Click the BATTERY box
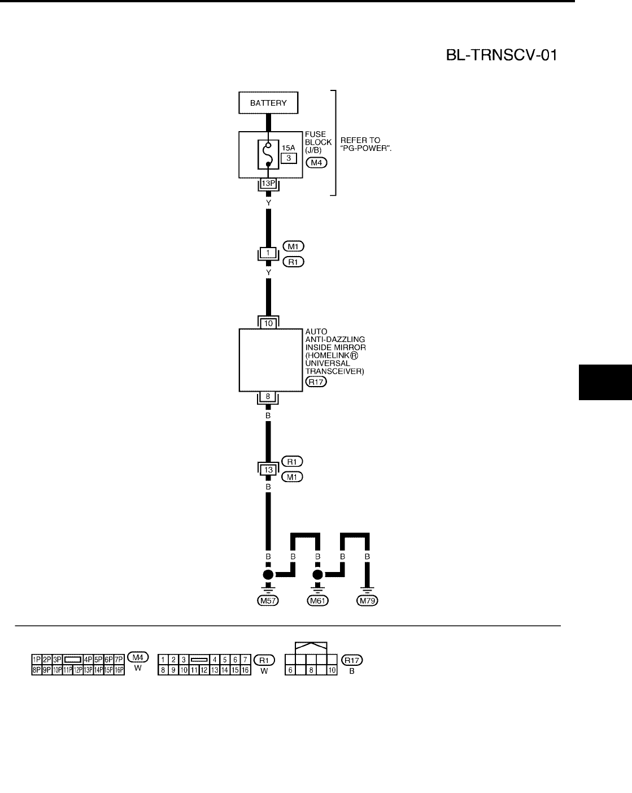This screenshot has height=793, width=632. click(268, 103)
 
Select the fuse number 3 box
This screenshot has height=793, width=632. click(289, 158)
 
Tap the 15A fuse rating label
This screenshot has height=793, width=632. click(289, 148)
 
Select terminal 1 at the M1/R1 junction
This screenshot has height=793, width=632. click(269, 252)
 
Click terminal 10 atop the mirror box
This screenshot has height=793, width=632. click(268, 323)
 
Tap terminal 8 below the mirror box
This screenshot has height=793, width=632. click(268, 396)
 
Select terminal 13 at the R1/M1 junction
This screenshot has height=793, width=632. click(268, 469)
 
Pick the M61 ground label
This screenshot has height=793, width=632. click(317, 601)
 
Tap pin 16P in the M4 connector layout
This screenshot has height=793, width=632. click(119, 670)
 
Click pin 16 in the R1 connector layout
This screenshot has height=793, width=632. click(245, 670)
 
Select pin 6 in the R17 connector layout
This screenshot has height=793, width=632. click(290, 670)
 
